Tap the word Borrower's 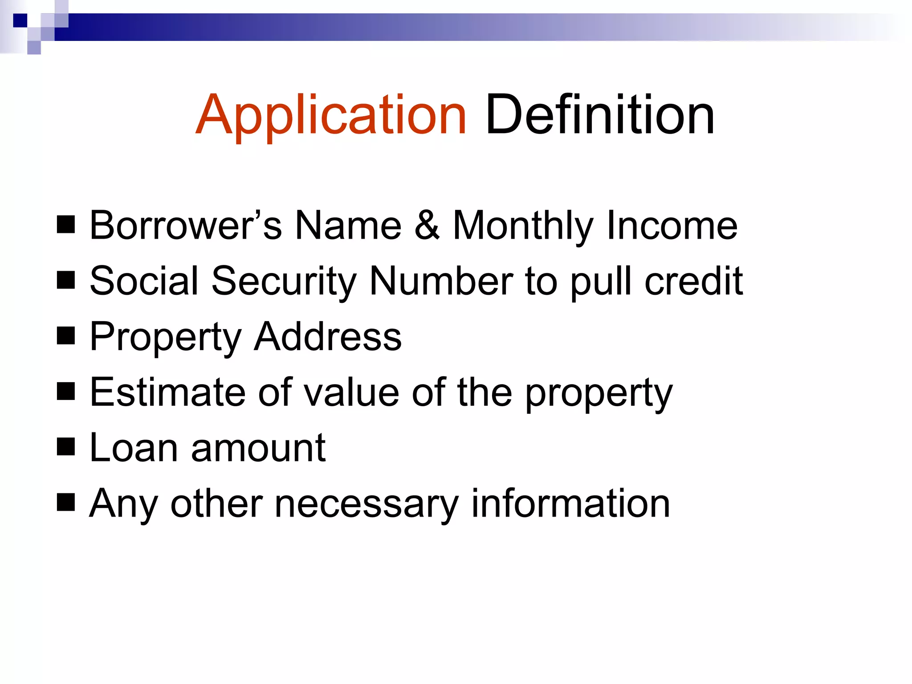click(x=186, y=225)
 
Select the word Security click(x=284, y=281)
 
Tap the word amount click(x=258, y=448)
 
